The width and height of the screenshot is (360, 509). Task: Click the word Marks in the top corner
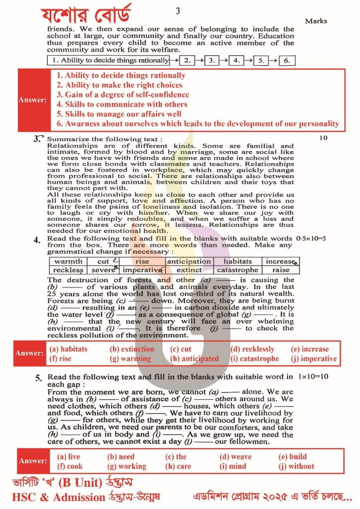coord(316,21)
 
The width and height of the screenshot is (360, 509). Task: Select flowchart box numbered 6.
coord(287,61)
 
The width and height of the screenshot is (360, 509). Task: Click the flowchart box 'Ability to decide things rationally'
coord(108,61)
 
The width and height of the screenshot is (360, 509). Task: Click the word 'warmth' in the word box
coord(68,261)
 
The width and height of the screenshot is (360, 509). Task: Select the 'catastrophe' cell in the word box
coord(238,270)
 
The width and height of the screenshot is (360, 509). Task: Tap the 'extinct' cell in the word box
coord(189,270)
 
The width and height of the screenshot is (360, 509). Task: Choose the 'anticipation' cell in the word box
coord(189,261)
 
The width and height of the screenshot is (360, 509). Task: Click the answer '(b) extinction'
coord(131,349)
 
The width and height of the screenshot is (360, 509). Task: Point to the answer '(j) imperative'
coord(315,358)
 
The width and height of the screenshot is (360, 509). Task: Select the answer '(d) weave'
coord(235,457)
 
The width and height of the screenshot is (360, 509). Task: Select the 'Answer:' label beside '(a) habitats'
coord(30,353)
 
